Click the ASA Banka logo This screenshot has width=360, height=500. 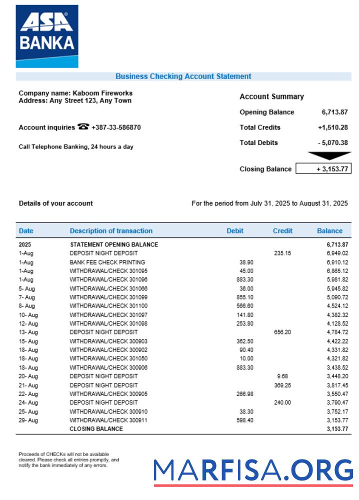coord(47,36)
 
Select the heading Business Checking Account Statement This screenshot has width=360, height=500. coord(183,76)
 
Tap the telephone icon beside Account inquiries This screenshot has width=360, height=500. coord(83,127)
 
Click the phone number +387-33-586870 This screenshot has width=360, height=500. coord(116,127)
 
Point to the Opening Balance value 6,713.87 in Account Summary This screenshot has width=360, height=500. coord(334,112)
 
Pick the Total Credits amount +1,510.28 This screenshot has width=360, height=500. coord(332,127)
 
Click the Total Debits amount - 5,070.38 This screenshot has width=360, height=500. coord(332,142)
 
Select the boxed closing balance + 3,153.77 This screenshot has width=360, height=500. coord(323,169)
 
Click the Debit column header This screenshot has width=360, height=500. coord(235,231)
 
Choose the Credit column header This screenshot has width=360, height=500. coord(282,231)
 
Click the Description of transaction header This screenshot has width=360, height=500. coord(111,231)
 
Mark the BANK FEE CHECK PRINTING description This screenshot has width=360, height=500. coord(107,262)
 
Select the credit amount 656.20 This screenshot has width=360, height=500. coord(282,332)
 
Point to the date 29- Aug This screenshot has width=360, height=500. coord(28,420)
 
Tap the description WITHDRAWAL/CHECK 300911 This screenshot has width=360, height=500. coord(108,420)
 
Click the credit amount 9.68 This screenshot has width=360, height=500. coord(282,376)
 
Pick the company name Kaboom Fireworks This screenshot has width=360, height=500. coord(102,93)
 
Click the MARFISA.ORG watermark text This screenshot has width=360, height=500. coord(253,471)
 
